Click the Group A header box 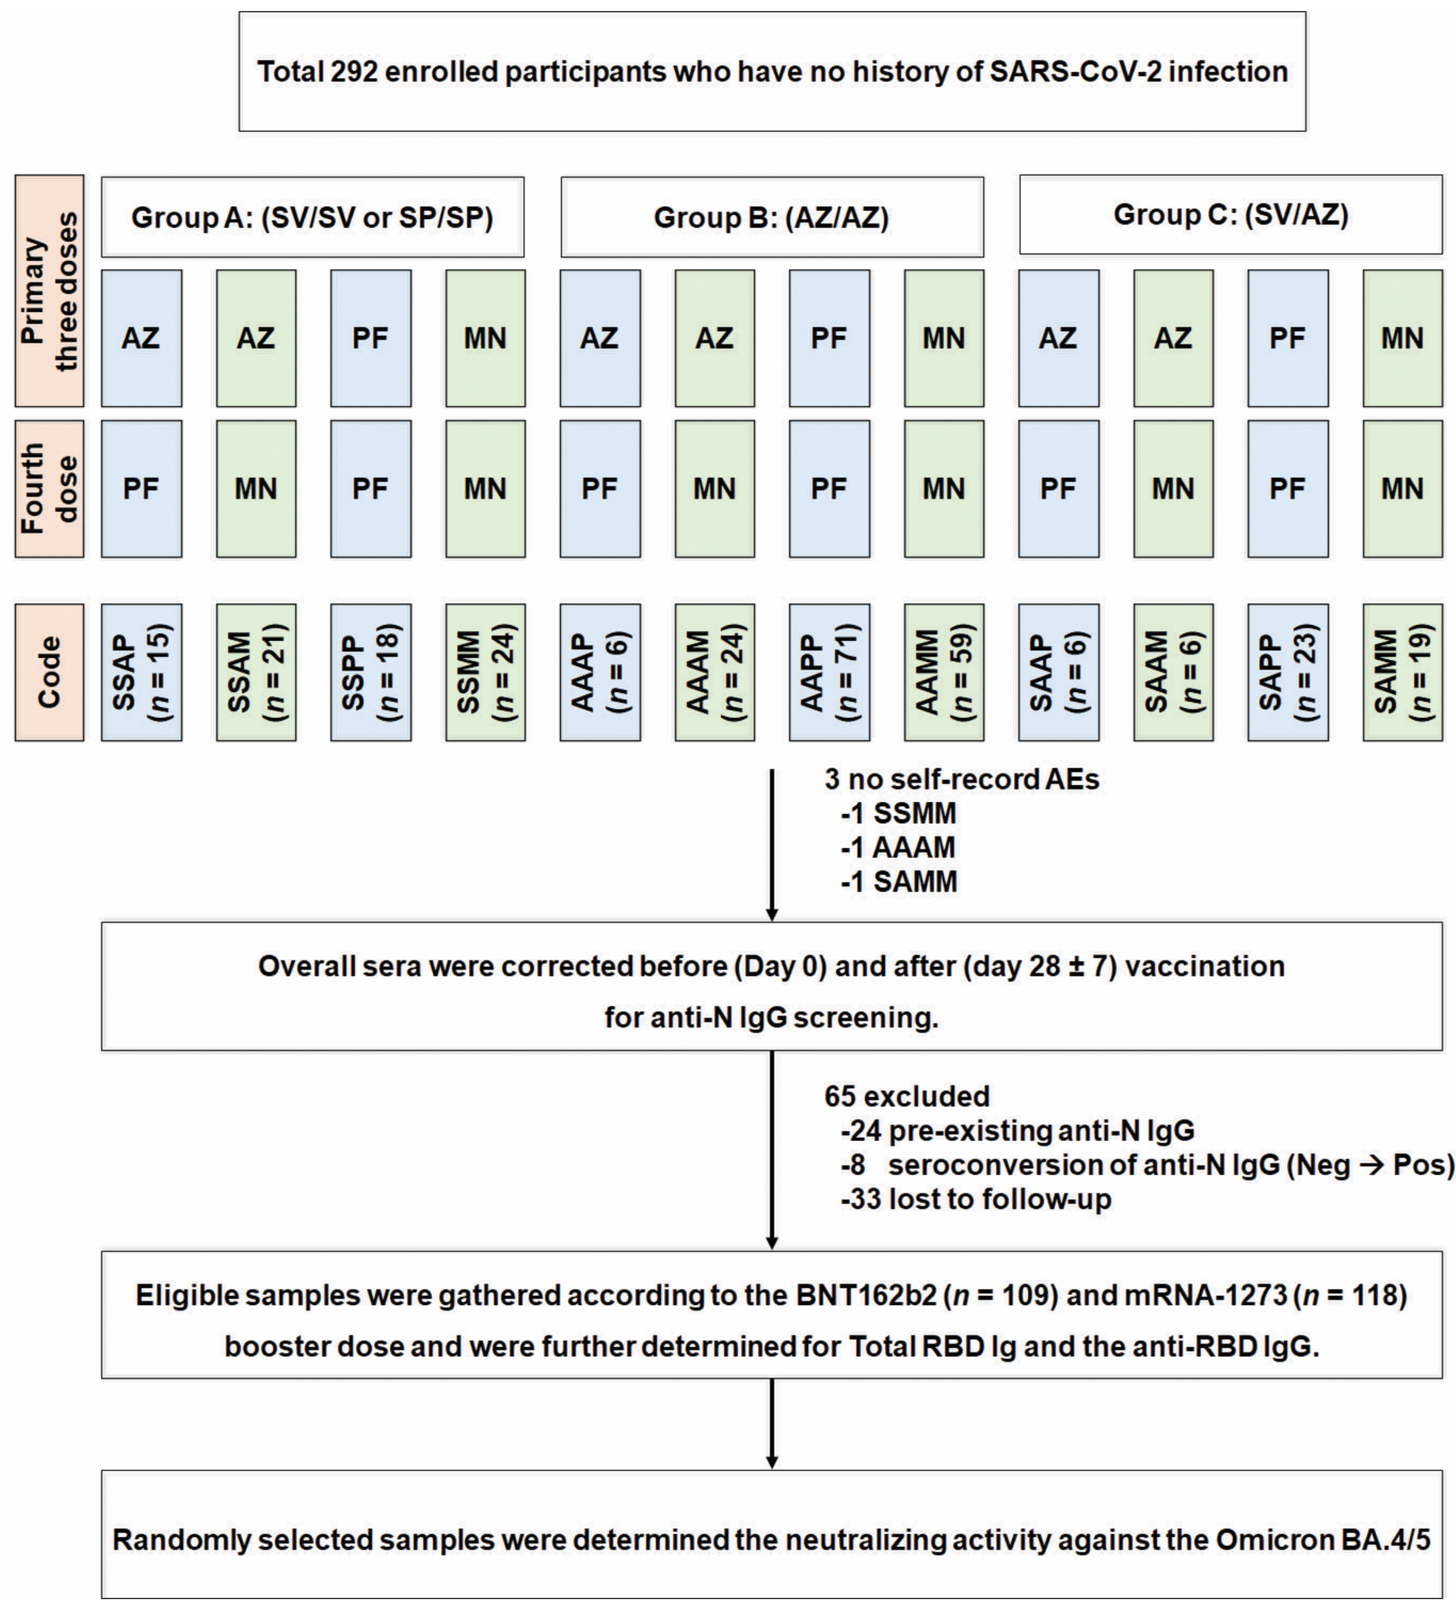pyautogui.click(x=312, y=217)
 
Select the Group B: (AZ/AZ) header pyautogui.click(x=772, y=217)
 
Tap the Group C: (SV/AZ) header pyautogui.click(x=1230, y=215)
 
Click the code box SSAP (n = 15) pyautogui.click(x=141, y=672)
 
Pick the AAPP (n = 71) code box pyautogui.click(x=829, y=672)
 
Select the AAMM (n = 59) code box pyautogui.click(x=944, y=672)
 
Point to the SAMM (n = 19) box pyautogui.click(x=1402, y=672)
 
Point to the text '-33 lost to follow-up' pyautogui.click(x=975, y=1199)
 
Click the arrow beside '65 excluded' pyautogui.click(x=772, y=1149)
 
